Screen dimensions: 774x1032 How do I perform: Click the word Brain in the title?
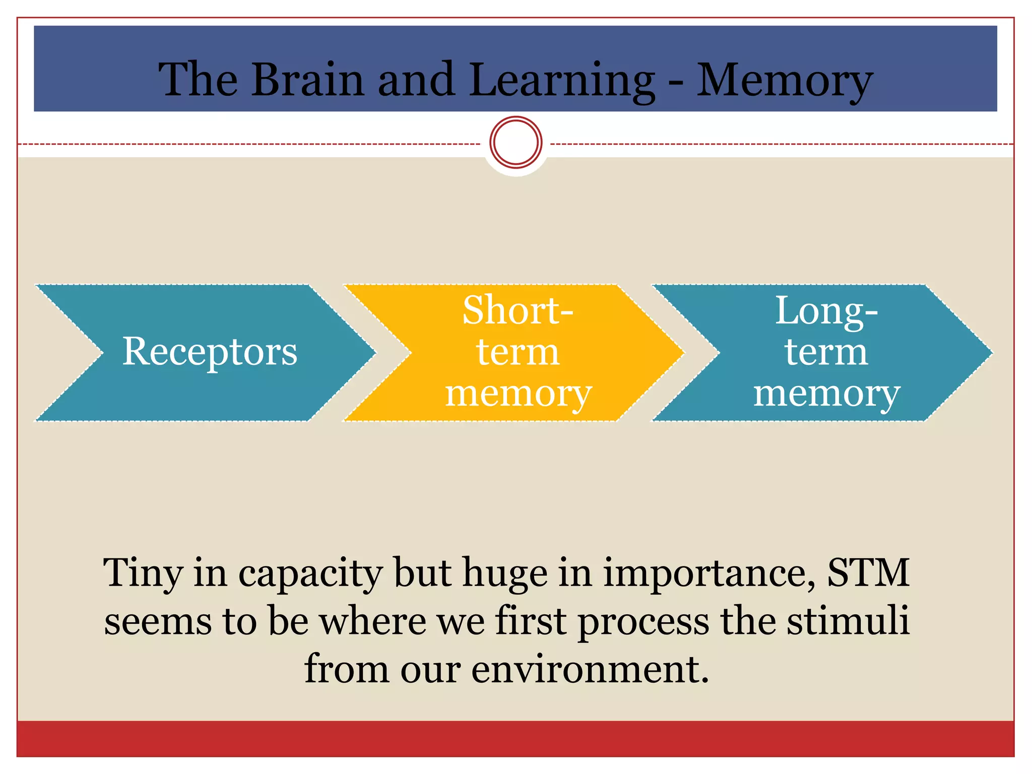pyautogui.click(x=307, y=80)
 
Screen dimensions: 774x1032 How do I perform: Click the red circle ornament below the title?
pyautogui.click(x=515, y=143)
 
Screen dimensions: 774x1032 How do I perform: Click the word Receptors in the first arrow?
pyautogui.click(x=210, y=352)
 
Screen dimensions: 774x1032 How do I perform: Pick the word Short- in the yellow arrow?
pyautogui.click(x=518, y=310)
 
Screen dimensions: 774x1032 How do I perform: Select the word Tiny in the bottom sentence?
pyautogui.click(x=143, y=573)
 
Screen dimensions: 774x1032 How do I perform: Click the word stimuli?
pyautogui.click(x=848, y=621)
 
